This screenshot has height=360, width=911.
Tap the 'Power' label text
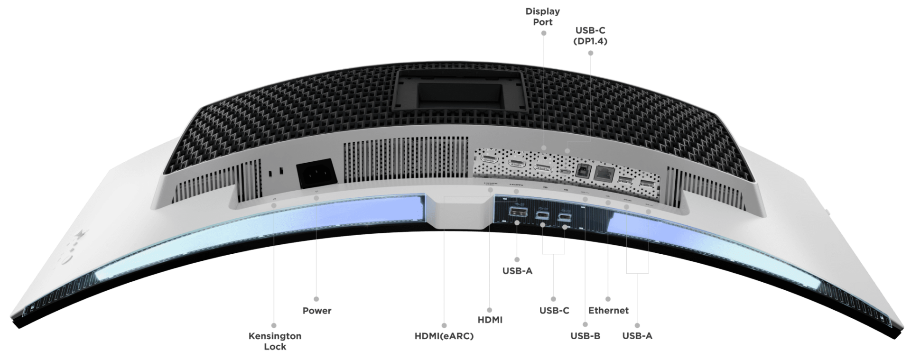coord(316,311)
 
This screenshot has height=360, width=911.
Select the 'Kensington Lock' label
coord(275,341)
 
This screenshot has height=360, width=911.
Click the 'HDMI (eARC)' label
coord(444,336)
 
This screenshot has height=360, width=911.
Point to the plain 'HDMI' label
coord(490,320)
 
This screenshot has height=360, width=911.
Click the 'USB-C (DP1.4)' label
coord(590,36)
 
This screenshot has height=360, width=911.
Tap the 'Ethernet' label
coord(608,311)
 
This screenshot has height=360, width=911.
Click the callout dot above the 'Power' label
coord(316,299)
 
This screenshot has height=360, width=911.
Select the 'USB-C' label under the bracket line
coord(554,311)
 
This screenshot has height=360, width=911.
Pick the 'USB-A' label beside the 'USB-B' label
coord(637,336)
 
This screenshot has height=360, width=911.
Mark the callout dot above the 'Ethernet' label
coord(608,299)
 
